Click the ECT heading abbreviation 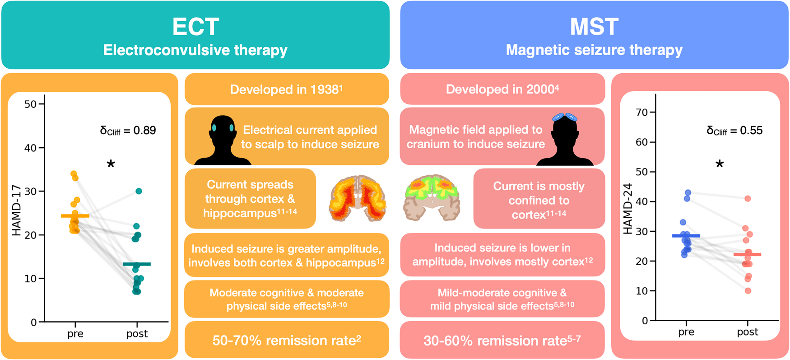pos(195,27)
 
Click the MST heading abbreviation pos(594,27)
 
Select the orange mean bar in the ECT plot pos(75,216)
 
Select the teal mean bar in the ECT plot pos(137,264)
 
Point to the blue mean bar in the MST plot pos(686,236)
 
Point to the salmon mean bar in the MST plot pos(747,255)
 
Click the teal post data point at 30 pos(139,191)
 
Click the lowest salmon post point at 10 pos(748,291)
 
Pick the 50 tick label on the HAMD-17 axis pos(30,104)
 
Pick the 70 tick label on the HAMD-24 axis pos(642,112)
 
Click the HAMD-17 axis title pos(17,212)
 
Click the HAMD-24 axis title pos(628,209)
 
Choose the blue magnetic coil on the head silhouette pos(565,117)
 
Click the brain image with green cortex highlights pos(431,197)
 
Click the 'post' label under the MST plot pos(748,332)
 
